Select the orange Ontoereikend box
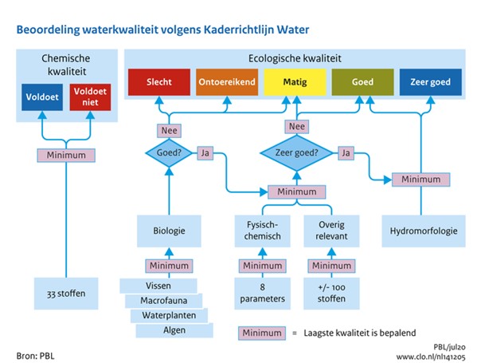pos(227,81)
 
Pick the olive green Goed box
pos(362,81)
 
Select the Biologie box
pos(169,231)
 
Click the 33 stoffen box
pos(64,293)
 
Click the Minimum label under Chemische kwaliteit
pos(64,155)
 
